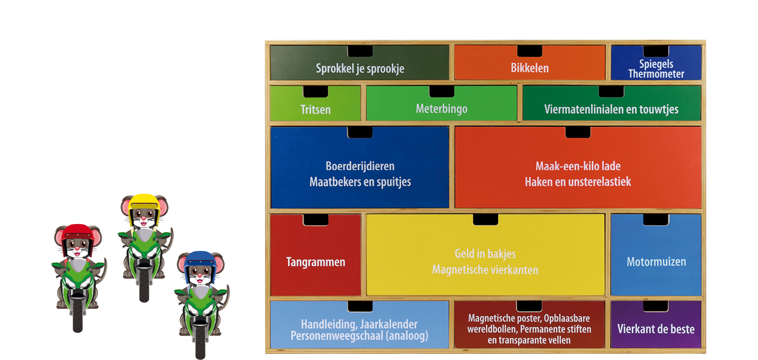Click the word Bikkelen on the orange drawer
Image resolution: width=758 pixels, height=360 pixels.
click(530, 68)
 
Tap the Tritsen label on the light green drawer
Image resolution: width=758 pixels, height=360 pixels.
click(315, 110)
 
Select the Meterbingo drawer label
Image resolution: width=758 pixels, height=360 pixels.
click(441, 109)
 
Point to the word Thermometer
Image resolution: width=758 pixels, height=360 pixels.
click(656, 74)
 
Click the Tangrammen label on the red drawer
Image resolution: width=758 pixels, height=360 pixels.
click(316, 262)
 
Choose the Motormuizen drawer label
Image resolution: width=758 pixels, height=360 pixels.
click(656, 262)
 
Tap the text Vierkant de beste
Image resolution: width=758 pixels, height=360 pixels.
click(656, 328)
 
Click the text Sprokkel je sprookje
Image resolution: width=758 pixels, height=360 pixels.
click(359, 68)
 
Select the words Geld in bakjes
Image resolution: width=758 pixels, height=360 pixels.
click(485, 254)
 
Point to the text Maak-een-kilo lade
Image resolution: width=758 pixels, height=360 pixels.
click(578, 166)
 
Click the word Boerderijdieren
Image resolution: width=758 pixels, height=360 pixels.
click(360, 166)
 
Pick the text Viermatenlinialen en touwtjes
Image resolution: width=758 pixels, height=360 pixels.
click(611, 110)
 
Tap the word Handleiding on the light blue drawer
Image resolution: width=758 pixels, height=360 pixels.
click(324, 324)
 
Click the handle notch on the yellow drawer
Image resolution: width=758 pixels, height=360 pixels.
click(485, 219)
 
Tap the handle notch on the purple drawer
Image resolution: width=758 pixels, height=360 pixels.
click(656, 306)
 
